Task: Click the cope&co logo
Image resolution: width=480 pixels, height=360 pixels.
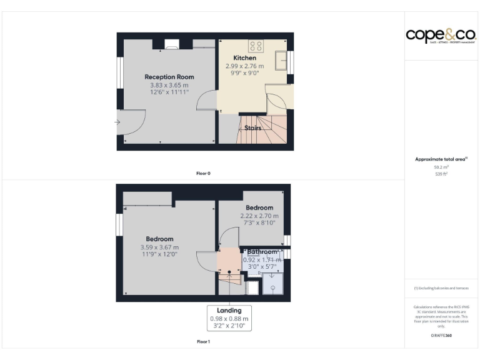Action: (x=441, y=36)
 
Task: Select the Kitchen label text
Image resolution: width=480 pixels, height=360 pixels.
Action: (x=244, y=58)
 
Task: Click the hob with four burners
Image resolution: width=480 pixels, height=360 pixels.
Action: (x=256, y=46)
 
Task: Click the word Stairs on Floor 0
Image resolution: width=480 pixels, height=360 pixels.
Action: (x=252, y=127)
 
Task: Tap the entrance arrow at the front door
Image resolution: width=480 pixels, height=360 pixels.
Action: (x=117, y=122)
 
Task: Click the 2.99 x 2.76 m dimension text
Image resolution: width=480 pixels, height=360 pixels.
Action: (x=244, y=66)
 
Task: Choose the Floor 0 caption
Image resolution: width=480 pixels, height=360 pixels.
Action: (x=203, y=172)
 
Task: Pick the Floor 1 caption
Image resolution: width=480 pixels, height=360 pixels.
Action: (x=203, y=342)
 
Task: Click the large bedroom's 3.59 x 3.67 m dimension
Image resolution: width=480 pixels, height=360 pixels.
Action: (x=159, y=247)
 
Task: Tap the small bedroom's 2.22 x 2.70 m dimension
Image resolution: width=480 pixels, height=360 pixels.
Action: (x=259, y=216)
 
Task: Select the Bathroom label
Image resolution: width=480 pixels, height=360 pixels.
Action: (x=262, y=252)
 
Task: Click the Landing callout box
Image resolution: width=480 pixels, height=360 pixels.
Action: (x=229, y=318)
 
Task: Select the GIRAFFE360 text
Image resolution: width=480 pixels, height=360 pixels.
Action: (x=441, y=336)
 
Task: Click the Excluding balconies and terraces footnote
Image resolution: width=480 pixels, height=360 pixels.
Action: (x=441, y=288)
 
